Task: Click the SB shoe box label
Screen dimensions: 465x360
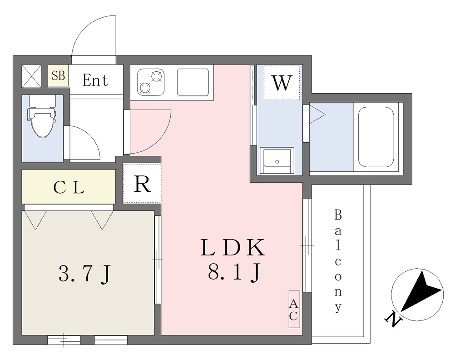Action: click(58, 75)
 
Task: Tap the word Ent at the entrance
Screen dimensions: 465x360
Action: click(95, 80)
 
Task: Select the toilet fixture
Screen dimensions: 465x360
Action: click(42, 116)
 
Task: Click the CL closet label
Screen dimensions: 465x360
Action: click(69, 187)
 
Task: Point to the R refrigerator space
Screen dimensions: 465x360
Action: click(142, 184)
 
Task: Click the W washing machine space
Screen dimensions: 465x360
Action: click(282, 83)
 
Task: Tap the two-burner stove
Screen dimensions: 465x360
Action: click(151, 82)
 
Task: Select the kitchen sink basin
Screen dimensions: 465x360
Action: click(193, 82)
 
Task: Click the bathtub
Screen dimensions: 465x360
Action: click(376, 137)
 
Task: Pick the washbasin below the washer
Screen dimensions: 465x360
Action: click(277, 160)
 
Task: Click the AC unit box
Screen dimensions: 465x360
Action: click(294, 309)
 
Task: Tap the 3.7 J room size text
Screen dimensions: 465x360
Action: click(84, 274)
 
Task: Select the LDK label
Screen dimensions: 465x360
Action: click(233, 248)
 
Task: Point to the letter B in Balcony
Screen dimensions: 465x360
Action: click(338, 215)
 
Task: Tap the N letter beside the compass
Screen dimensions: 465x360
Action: click(393, 319)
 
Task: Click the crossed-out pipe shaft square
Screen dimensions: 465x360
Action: click(31, 76)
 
